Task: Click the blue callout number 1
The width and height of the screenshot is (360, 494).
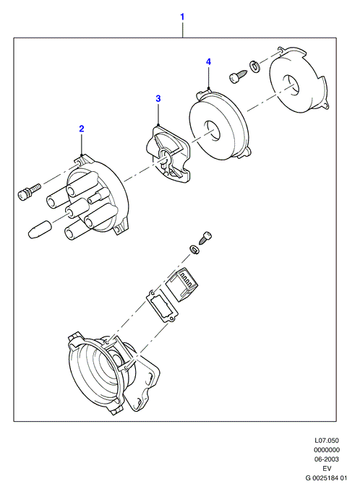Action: [182, 17]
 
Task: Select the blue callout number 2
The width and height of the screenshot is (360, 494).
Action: [82, 129]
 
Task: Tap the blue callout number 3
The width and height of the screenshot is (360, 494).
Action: [158, 99]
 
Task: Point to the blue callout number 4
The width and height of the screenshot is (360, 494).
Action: [208, 62]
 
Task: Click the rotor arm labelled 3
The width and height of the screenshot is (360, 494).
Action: [168, 154]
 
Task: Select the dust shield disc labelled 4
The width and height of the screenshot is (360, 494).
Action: [220, 125]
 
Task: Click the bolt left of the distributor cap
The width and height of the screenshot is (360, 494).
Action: [29, 190]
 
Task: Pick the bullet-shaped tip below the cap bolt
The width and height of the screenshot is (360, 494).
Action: [40, 230]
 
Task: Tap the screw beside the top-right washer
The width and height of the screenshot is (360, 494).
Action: [239, 77]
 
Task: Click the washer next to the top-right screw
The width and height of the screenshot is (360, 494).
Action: [254, 66]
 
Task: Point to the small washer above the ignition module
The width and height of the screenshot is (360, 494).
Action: [194, 250]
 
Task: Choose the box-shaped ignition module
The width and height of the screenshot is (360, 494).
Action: [182, 285]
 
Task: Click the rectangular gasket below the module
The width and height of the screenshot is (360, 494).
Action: [162, 305]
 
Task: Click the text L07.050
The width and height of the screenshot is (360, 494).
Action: [327, 440]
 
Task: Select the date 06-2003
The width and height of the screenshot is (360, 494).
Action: [327, 459]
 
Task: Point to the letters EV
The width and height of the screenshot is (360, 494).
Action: [327, 469]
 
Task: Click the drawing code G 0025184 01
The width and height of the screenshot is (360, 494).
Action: [326, 478]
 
